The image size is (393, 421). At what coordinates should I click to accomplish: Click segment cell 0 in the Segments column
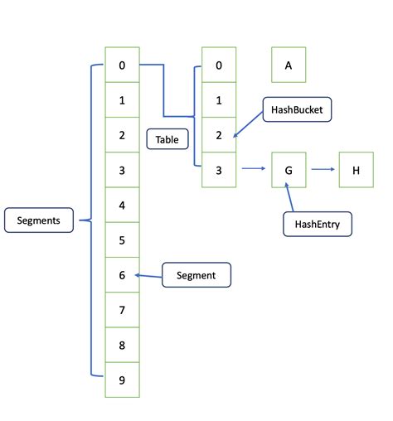click(x=122, y=65)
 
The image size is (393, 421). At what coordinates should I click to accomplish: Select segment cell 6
click(x=122, y=275)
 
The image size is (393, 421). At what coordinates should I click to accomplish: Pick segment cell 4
click(x=122, y=206)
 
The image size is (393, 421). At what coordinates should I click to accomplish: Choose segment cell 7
click(x=122, y=310)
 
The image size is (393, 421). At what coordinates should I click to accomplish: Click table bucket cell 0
click(x=219, y=65)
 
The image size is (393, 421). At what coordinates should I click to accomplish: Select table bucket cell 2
click(x=219, y=135)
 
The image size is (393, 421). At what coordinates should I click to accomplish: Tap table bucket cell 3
click(x=219, y=171)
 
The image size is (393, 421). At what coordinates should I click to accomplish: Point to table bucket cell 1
click(x=219, y=100)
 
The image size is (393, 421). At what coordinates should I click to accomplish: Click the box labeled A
click(x=289, y=65)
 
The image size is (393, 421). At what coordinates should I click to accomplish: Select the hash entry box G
click(x=289, y=171)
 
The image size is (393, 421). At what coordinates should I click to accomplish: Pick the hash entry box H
click(x=356, y=171)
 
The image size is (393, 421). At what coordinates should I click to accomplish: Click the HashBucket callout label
click(x=297, y=109)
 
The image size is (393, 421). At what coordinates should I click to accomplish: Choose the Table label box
click(x=167, y=139)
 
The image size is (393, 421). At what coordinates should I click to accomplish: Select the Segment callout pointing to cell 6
click(x=196, y=275)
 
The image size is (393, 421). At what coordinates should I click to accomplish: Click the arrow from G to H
click(x=322, y=171)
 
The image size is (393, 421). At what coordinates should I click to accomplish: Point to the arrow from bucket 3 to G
click(x=253, y=171)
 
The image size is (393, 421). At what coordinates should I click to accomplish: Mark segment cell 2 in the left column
click(x=122, y=135)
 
